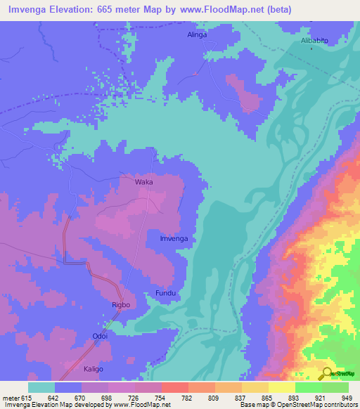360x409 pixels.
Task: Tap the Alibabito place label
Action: pyautogui.click(x=315, y=41)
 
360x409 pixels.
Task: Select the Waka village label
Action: pyautogui.click(x=144, y=181)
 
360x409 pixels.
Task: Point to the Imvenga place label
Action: pyautogui.click(x=173, y=239)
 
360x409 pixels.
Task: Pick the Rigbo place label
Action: pyautogui.click(x=122, y=304)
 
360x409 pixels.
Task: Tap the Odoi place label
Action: pyautogui.click(x=100, y=336)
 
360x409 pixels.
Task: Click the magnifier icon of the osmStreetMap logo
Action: pyautogui.click(x=327, y=373)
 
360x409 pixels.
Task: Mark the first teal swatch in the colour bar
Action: pyautogui.click(x=41, y=387)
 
